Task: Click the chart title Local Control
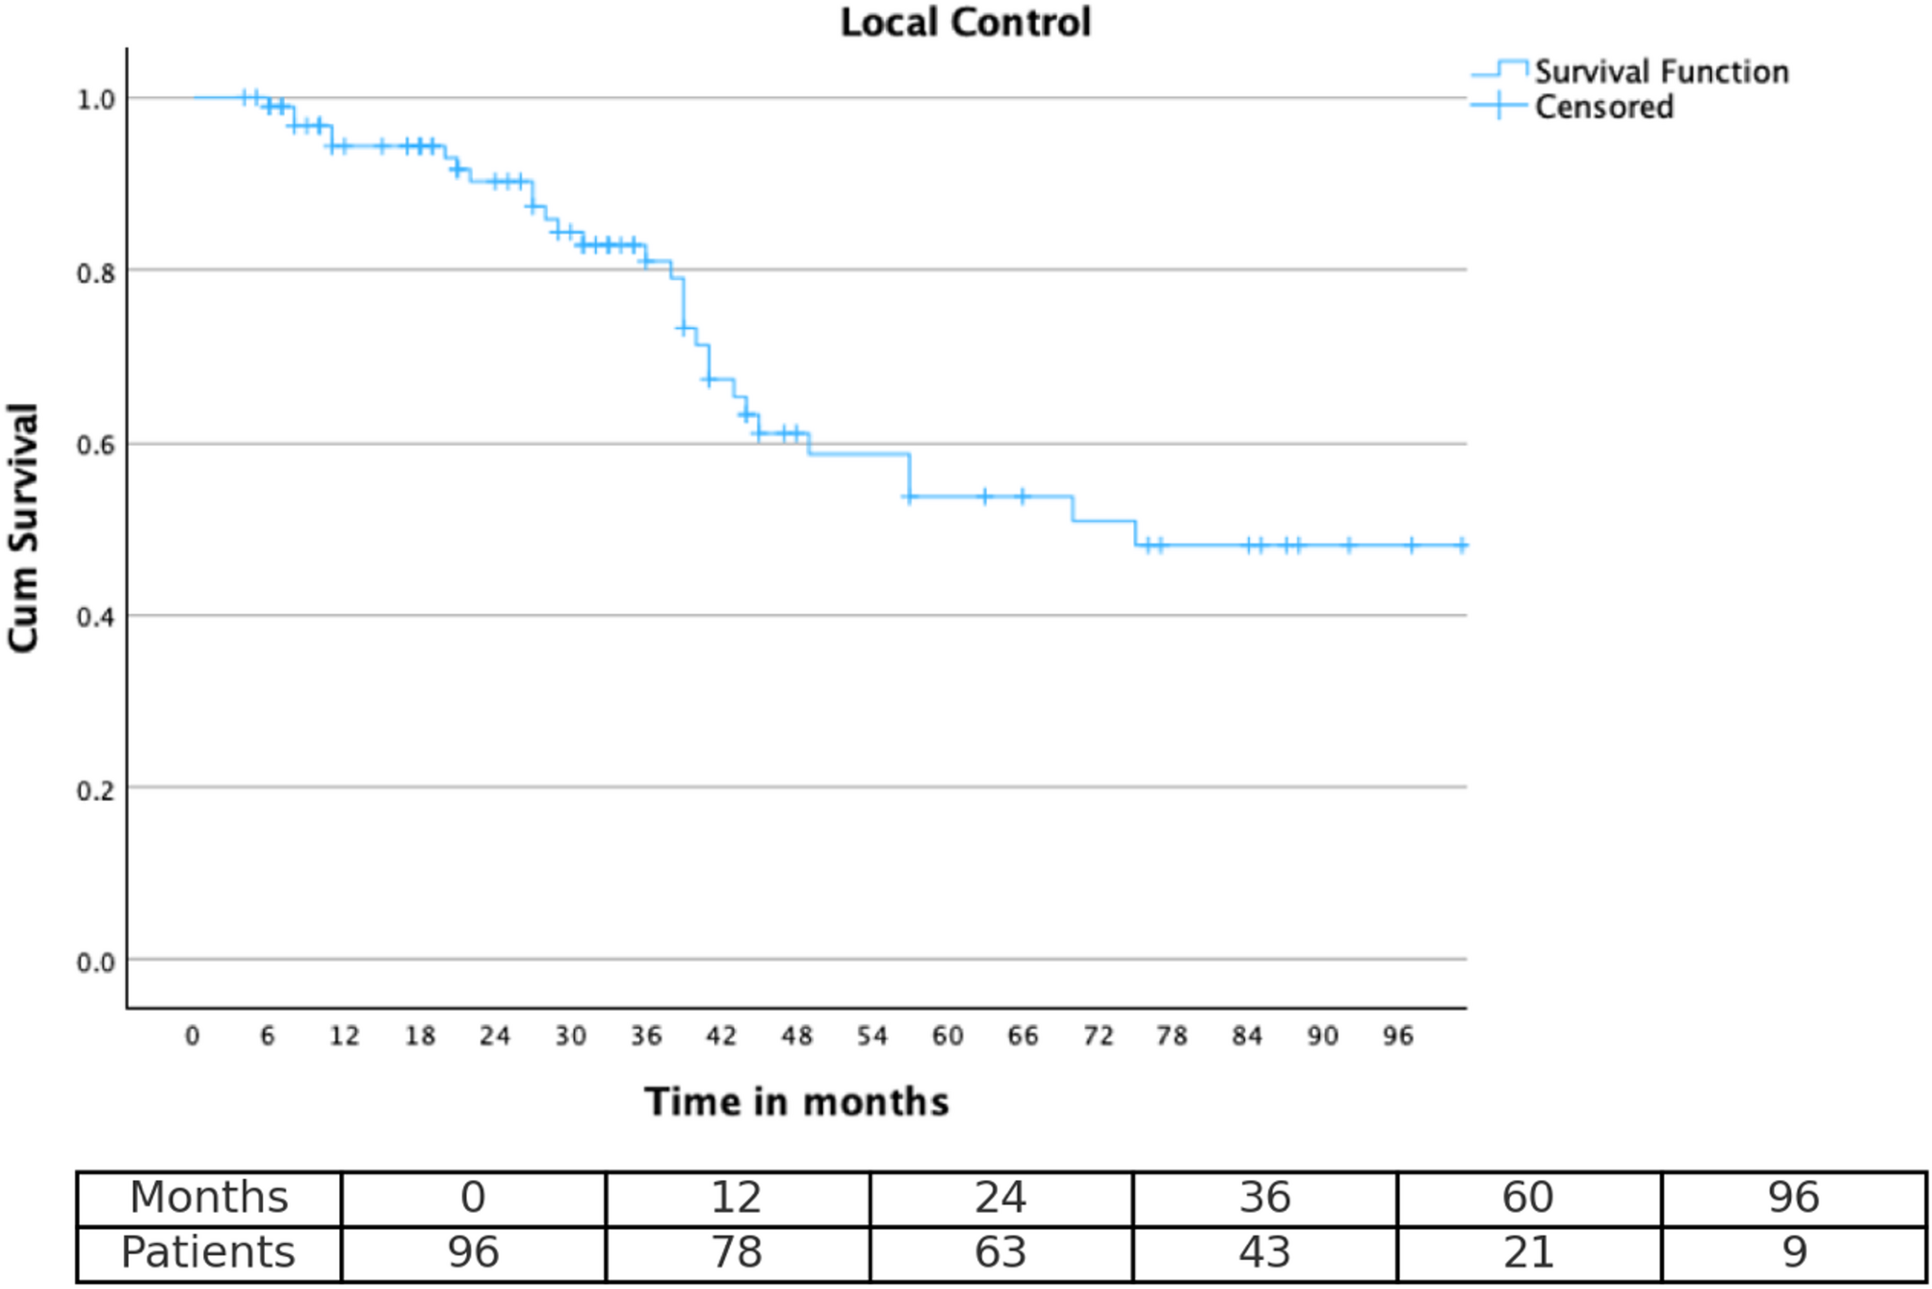(965, 23)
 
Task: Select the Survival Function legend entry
(1660, 72)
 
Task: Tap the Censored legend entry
(1603, 107)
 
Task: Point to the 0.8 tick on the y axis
(96, 273)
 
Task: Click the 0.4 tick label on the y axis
(96, 618)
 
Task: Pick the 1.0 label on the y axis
(96, 100)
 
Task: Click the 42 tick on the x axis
(721, 1036)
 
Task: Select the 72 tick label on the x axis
(1098, 1036)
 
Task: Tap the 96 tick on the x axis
(1397, 1036)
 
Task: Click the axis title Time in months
(796, 1101)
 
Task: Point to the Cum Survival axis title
(23, 527)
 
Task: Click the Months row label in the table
(209, 1198)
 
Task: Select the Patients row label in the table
(209, 1252)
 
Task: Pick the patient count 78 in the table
(736, 1252)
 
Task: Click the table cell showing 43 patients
(1264, 1252)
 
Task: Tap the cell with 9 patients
(1793, 1252)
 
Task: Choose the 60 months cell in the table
(1528, 1198)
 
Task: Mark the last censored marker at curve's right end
(1462, 545)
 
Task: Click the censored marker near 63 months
(985, 496)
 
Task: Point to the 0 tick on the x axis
(193, 1036)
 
